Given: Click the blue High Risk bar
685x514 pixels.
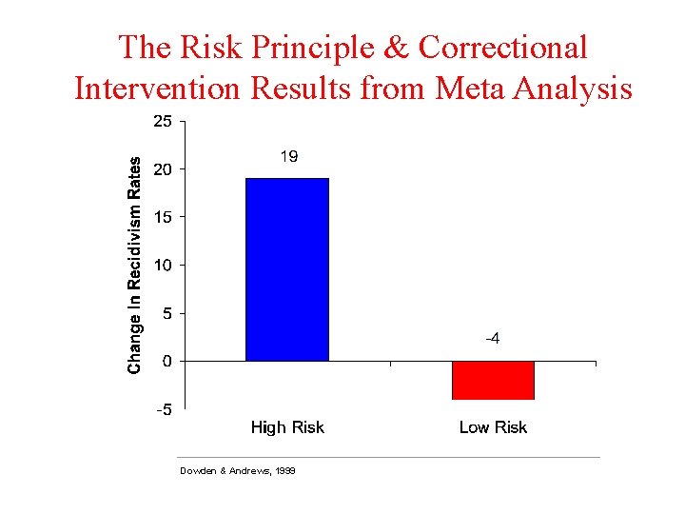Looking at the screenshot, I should [x=287, y=269].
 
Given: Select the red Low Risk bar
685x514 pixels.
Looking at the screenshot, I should [x=493, y=380].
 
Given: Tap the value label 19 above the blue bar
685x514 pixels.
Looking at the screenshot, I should [x=288, y=157].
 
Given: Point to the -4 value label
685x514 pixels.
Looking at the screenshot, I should [x=493, y=340].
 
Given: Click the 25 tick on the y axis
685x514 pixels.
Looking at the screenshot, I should [x=163, y=121].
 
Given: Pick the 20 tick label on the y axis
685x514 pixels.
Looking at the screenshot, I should [x=163, y=169].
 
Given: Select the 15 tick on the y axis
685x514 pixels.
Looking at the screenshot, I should [x=163, y=217].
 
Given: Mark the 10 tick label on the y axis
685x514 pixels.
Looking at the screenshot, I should [x=163, y=265].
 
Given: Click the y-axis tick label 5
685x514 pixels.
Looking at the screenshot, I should [x=166, y=313].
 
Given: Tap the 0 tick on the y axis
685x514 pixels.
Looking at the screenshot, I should [x=166, y=361].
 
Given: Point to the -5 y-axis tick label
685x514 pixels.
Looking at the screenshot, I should [x=164, y=410].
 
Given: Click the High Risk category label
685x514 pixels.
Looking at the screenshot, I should [x=287, y=427].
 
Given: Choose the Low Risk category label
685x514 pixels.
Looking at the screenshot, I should [x=493, y=427].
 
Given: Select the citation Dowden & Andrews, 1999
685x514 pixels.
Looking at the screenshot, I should [x=237, y=471].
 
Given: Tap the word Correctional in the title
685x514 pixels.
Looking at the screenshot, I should [x=502, y=47].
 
